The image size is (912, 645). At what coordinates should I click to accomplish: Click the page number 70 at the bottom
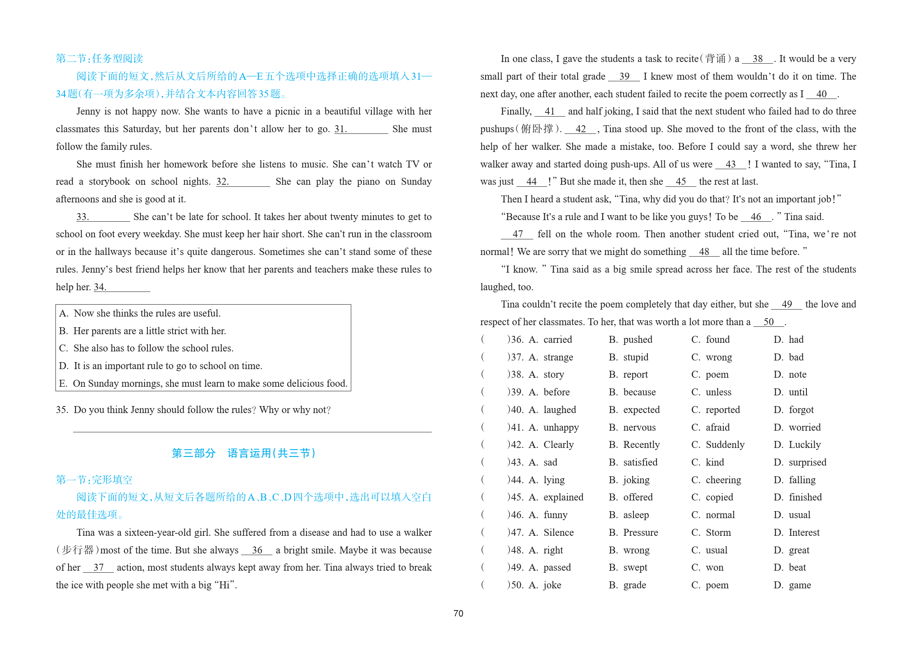coord(458,613)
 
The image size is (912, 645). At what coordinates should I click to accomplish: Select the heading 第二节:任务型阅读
coord(99,59)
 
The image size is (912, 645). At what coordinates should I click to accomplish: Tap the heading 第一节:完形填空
coord(94,480)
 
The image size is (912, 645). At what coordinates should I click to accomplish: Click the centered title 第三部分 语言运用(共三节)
coord(244,453)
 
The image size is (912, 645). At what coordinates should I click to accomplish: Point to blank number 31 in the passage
coord(361,129)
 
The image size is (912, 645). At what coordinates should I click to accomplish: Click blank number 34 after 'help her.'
coord(122,287)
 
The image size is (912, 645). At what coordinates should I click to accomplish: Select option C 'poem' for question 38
coord(717,374)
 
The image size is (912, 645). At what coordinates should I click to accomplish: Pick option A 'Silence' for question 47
coord(558,533)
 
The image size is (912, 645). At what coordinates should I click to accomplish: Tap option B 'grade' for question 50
coord(634,585)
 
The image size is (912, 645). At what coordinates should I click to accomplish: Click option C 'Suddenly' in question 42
coord(725,445)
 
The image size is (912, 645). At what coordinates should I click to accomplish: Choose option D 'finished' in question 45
coord(805,497)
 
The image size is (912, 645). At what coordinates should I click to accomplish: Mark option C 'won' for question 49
coord(714,567)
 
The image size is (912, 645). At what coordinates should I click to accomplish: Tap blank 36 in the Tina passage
coord(257,551)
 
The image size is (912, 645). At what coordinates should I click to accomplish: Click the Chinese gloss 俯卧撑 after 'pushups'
coord(537,129)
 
